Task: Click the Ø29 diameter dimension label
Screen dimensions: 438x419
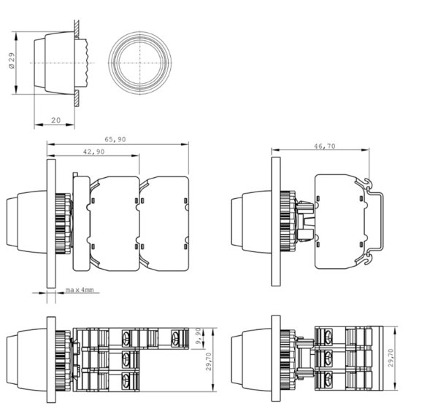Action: tap(12, 60)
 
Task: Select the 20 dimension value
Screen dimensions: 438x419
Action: tap(56, 120)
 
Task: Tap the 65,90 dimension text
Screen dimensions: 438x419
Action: tap(115, 139)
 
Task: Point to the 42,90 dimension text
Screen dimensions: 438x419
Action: tap(94, 152)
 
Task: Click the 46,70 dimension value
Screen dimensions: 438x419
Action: tap(325, 146)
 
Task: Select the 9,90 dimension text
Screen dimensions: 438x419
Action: tap(198, 336)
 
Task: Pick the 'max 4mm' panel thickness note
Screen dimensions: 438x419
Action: tap(80, 290)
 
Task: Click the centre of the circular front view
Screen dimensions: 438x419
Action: tap(140, 63)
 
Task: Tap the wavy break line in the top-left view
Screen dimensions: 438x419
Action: tap(88, 63)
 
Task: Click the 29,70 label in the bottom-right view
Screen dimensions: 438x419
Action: tap(391, 358)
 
